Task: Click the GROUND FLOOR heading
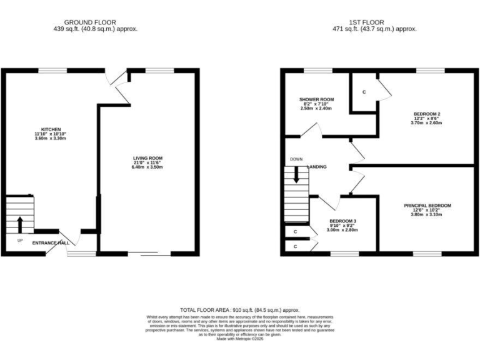96,22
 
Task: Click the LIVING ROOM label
147,158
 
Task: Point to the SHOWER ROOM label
316,99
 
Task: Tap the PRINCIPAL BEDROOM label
427,205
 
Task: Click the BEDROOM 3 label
342,221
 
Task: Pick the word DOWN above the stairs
296,159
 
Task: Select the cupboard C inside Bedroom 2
364,92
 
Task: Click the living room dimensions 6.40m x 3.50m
147,167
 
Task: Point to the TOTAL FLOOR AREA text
240,310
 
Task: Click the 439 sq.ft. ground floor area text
96,29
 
